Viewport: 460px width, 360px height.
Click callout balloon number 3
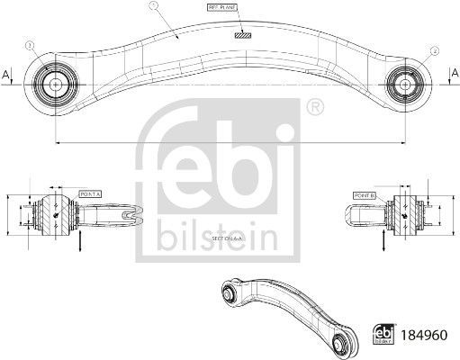(x=31, y=44)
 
